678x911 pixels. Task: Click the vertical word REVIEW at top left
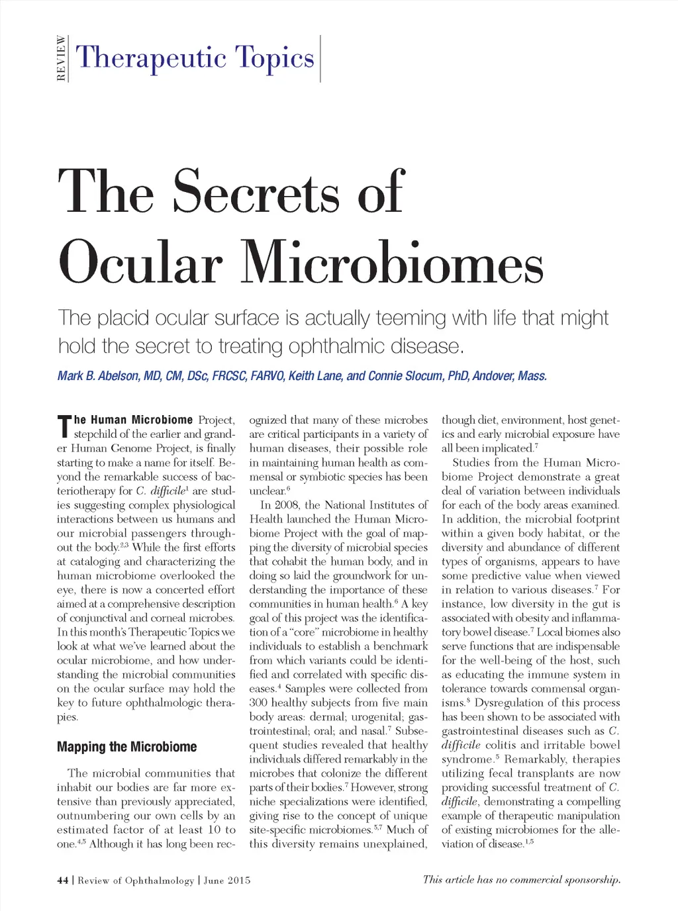tap(62, 58)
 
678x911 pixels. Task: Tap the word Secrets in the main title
tap(257, 192)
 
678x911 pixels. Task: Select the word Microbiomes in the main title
tap(392, 264)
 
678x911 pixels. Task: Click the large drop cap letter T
tap(64, 426)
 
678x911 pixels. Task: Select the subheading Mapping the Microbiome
tap(126, 747)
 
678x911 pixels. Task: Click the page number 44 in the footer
tap(63, 881)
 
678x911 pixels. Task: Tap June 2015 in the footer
tap(227, 881)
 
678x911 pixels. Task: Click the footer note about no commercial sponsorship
tap(521, 880)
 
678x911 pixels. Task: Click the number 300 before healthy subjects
tap(258, 702)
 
